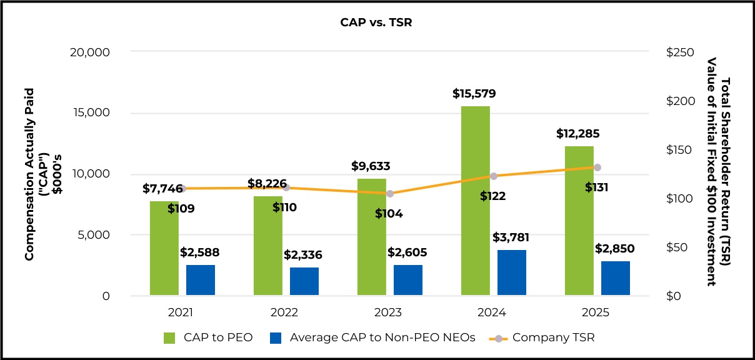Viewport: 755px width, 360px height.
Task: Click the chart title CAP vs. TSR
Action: coord(376,22)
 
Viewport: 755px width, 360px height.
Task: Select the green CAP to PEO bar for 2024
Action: coord(475,200)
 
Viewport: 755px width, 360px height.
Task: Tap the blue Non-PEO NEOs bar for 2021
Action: coord(200,280)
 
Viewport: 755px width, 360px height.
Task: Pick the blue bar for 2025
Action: coord(615,278)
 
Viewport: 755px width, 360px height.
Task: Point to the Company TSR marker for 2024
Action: coord(494,176)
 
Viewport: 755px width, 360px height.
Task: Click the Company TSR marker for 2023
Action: coord(390,194)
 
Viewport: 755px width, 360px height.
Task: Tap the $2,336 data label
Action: coord(303,255)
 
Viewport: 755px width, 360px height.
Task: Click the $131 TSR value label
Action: coord(597,187)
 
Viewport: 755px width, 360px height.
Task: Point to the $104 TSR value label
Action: coord(389,214)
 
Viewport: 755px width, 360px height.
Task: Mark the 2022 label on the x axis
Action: coord(285,312)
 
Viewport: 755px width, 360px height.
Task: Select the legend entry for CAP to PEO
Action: coord(208,337)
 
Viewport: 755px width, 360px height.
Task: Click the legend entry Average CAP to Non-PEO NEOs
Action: coord(372,337)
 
